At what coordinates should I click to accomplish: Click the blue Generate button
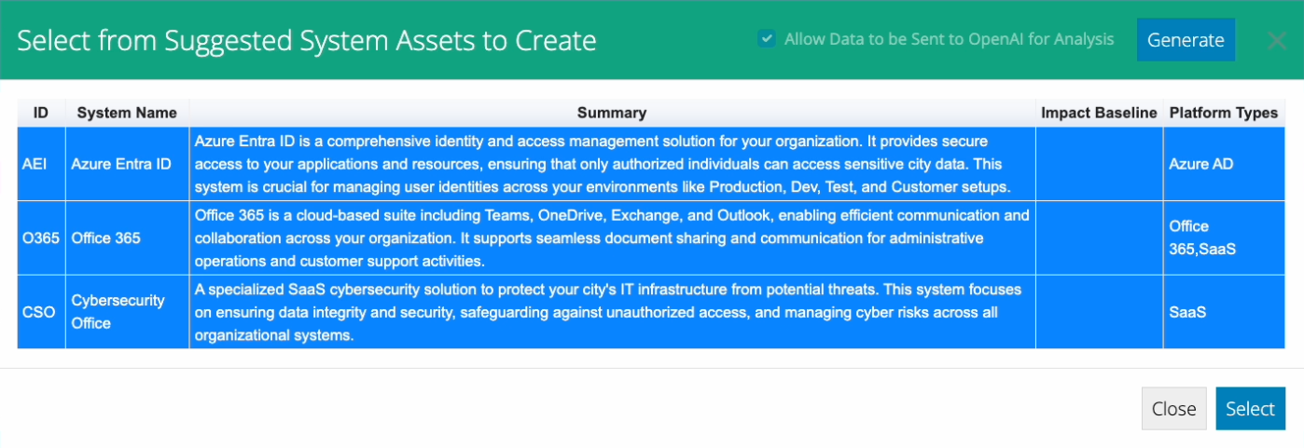point(1186,39)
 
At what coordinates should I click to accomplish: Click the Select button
point(1250,409)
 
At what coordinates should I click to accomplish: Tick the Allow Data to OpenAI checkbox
point(767,39)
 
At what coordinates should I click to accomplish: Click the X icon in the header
point(1277,41)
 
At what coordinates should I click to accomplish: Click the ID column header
point(41,113)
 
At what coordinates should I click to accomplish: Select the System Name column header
point(127,113)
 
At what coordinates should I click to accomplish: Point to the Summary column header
point(612,113)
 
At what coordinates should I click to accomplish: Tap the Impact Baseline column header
point(1099,113)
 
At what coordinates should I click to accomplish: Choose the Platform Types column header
point(1224,113)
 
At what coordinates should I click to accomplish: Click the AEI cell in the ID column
point(41,164)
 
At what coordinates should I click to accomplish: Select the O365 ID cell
point(41,238)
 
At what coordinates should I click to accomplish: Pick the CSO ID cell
point(41,312)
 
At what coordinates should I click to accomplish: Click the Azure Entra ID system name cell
point(127,164)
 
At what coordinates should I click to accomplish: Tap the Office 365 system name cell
point(127,238)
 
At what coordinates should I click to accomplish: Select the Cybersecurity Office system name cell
point(127,312)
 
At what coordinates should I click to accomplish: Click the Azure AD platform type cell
point(1224,164)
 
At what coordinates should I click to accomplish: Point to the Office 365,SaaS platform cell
point(1224,238)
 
